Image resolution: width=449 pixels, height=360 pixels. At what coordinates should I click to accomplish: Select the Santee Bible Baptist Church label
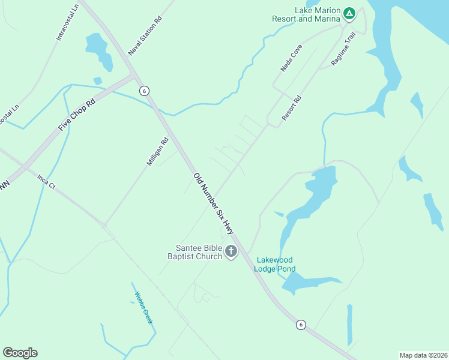click(199, 252)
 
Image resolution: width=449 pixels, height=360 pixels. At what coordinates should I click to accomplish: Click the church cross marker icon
click(231, 253)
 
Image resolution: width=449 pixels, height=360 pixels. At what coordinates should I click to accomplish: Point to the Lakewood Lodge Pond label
click(276, 264)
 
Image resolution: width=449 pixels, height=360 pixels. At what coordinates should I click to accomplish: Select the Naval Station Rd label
click(145, 37)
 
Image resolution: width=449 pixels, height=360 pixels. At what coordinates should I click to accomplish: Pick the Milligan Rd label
click(157, 152)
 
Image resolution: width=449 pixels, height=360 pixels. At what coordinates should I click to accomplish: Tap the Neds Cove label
click(291, 58)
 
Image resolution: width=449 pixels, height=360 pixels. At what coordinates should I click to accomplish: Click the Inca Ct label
click(46, 181)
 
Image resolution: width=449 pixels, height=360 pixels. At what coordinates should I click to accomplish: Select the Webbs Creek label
click(143, 308)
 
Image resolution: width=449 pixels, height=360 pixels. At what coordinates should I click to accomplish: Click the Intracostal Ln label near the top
click(67, 24)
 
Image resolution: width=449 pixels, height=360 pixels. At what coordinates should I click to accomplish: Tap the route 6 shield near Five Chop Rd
click(143, 91)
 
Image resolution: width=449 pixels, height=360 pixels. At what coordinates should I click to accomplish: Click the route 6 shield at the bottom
click(301, 325)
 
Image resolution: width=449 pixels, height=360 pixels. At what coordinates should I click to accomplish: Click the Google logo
click(20, 353)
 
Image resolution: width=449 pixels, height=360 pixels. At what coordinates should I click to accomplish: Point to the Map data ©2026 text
click(423, 355)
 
